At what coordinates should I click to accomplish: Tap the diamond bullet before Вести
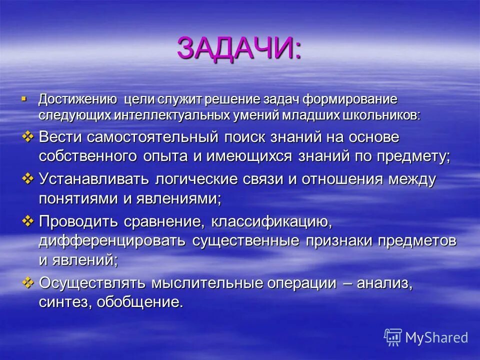pos(28,136)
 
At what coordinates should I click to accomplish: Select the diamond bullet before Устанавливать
pos(28,178)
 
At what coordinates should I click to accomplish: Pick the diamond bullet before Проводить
pos(28,220)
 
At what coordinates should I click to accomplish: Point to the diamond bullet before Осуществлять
pos(28,282)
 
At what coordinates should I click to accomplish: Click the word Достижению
pos(77,99)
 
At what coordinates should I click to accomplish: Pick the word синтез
pos(63,302)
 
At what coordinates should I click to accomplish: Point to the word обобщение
pos(140,302)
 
